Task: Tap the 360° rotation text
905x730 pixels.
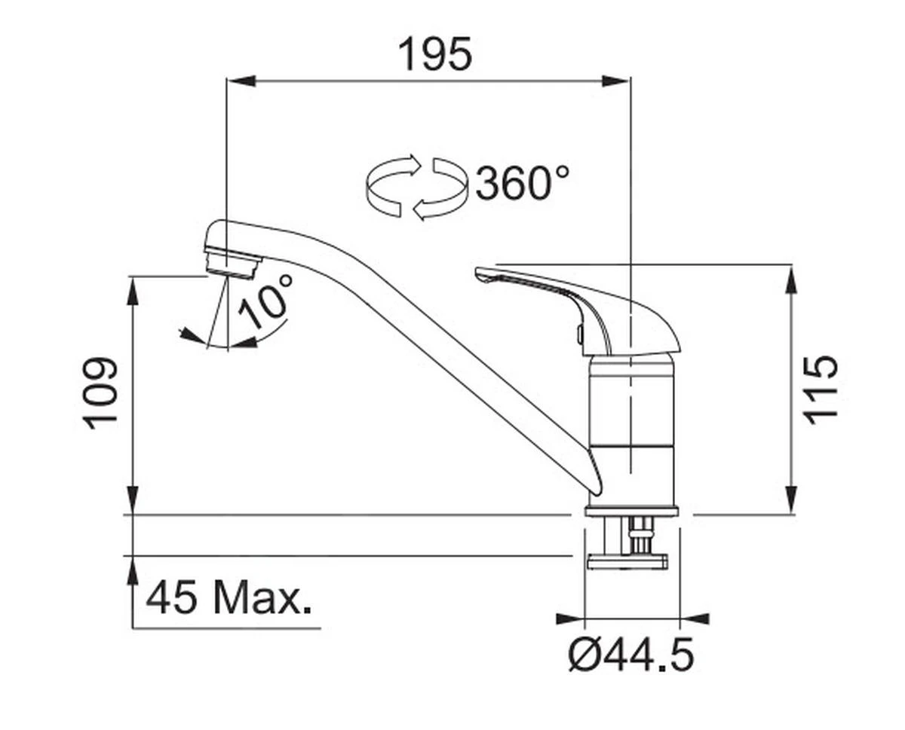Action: pyautogui.click(x=522, y=183)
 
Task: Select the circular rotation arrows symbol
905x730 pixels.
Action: pyautogui.click(x=415, y=187)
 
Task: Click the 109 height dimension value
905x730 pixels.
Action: pyautogui.click(x=101, y=393)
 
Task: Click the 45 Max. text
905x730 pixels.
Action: pyautogui.click(x=229, y=599)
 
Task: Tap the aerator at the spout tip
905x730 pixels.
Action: pyautogui.click(x=232, y=264)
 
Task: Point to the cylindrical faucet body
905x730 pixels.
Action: pyautogui.click(x=631, y=429)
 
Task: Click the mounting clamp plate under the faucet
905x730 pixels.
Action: pyautogui.click(x=627, y=562)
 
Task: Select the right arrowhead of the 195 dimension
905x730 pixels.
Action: pyautogui.click(x=616, y=81)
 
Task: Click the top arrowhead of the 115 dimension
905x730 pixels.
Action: pyautogui.click(x=790, y=280)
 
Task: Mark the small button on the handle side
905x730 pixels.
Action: pyautogui.click(x=578, y=332)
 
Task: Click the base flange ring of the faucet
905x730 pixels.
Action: pyautogui.click(x=631, y=512)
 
